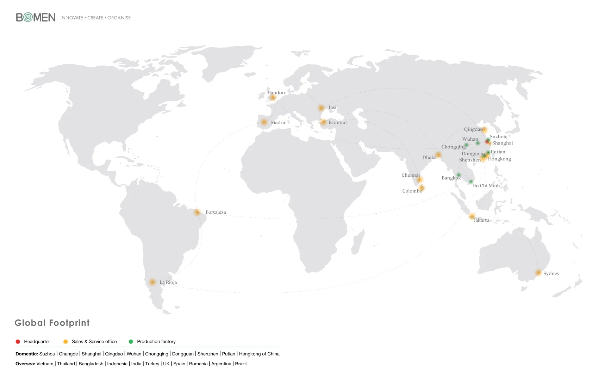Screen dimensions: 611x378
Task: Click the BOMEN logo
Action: tap(36, 17)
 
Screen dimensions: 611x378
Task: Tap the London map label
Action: tap(276, 93)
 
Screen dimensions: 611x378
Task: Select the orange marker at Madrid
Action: tap(264, 122)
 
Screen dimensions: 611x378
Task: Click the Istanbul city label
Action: tap(337, 123)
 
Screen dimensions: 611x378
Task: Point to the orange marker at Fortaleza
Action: tap(197, 212)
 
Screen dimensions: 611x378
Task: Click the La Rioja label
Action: tap(168, 282)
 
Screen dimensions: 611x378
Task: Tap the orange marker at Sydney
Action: tap(538, 273)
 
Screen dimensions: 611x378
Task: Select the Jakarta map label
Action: tap(481, 220)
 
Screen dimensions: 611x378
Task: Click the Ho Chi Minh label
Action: tap(486, 186)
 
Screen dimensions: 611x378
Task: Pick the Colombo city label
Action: tap(412, 191)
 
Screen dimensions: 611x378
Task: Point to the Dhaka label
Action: tap(429, 158)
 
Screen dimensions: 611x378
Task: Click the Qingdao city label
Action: tap(473, 129)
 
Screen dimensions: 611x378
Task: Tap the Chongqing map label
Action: tap(453, 147)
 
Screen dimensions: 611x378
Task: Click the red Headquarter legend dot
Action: tap(18, 342)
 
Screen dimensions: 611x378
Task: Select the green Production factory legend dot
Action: tap(131, 342)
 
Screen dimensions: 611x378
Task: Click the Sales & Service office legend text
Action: tap(94, 342)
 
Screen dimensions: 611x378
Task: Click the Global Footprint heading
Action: tap(52, 323)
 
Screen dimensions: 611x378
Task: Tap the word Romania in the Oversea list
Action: tap(198, 364)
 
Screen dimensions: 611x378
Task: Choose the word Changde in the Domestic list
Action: tap(68, 354)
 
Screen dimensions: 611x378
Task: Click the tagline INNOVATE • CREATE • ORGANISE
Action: tap(95, 18)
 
